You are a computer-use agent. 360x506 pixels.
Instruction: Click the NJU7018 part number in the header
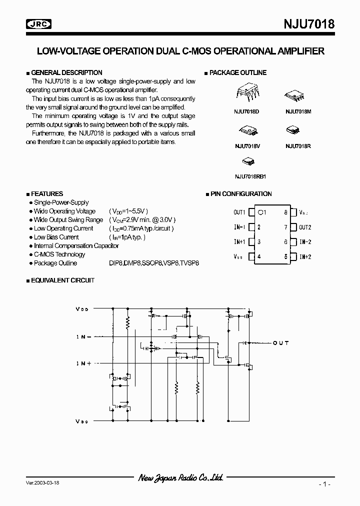point(306,24)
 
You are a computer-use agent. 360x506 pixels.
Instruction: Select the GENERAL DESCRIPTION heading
point(66,72)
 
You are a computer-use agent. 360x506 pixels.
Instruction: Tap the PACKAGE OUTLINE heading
point(237,72)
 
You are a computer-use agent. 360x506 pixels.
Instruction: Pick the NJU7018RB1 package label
point(250,176)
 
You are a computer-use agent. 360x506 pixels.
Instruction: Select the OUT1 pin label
point(239,212)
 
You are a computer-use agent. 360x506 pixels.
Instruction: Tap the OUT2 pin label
point(305,227)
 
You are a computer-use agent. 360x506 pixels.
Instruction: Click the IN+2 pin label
point(305,256)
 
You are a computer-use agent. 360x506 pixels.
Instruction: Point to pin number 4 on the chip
point(259,256)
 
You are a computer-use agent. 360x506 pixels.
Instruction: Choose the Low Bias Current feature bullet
point(56,237)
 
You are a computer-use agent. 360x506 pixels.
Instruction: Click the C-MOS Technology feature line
point(59,254)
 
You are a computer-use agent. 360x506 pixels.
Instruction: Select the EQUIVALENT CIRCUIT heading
point(62,280)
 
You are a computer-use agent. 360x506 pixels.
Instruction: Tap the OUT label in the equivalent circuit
point(280,343)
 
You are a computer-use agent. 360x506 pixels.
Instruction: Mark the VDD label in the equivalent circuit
point(82,309)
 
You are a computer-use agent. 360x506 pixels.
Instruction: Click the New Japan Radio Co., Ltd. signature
point(180,478)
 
